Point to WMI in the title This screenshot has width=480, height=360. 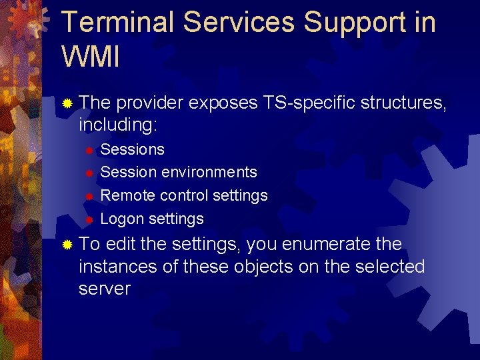pyautogui.click(x=91, y=57)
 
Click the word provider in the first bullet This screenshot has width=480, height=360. pyautogui.click(x=150, y=103)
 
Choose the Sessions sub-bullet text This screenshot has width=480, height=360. pyautogui.click(x=132, y=149)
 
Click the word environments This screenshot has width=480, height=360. pyautogui.click(x=209, y=172)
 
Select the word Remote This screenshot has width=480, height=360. pyautogui.click(x=128, y=195)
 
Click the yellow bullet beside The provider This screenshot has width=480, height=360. pyautogui.click(x=67, y=104)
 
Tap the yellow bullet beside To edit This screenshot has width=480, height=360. pyautogui.click(x=67, y=245)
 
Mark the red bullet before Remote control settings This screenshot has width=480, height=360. pyautogui.click(x=89, y=197)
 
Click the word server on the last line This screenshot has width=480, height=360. pyautogui.click(x=104, y=289)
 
